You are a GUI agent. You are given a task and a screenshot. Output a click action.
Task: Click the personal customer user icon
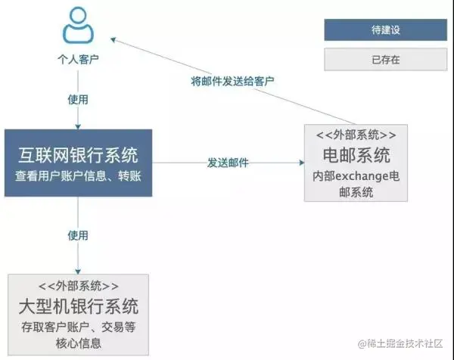(x=78, y=25)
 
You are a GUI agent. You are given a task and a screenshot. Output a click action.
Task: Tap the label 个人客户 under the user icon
(x=78, y=57)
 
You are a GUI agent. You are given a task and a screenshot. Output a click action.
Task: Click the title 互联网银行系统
(x=78, y=156)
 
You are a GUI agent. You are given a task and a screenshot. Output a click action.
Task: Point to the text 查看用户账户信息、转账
(x=78, y=176)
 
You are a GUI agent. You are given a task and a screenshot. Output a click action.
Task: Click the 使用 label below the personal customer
(x=78, y=99)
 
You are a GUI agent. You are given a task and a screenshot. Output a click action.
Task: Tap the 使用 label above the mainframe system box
(x=78, y=235)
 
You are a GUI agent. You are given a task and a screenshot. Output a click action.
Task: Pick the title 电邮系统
(x=356, y=156)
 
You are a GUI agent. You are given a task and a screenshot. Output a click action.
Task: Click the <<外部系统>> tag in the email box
(x=356, y=135)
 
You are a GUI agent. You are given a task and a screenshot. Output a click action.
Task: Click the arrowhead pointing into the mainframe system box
(x=78, y=269)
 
